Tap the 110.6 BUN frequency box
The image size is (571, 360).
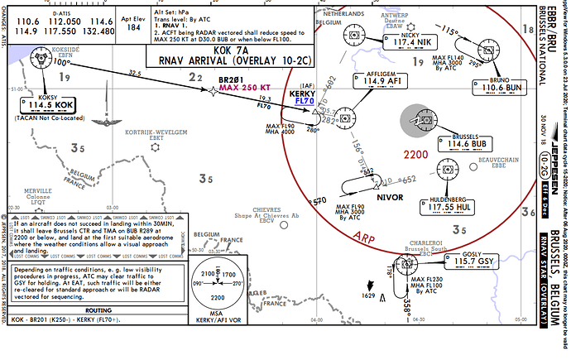coord(505,87)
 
